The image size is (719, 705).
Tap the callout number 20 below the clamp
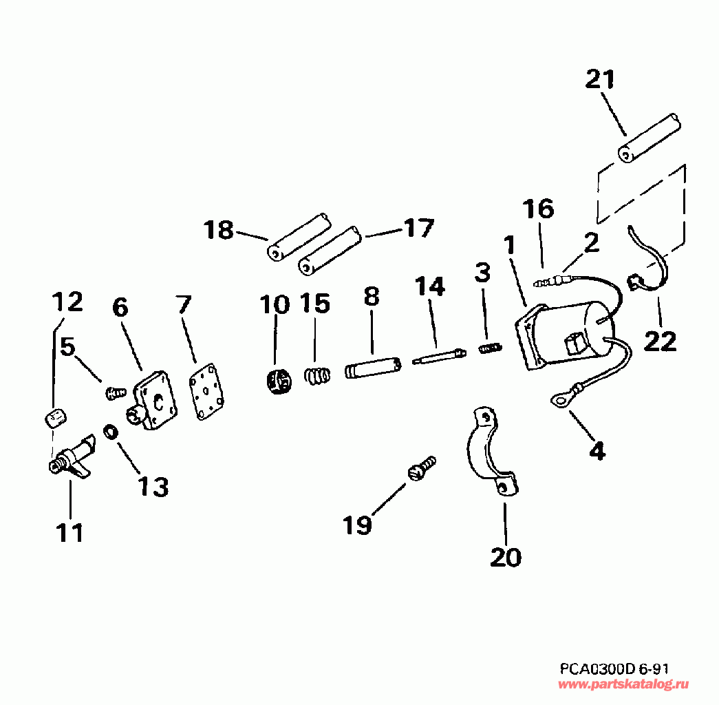coord(506,556)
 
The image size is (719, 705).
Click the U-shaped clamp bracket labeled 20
coord(490,451)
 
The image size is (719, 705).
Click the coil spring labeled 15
coord(316,377)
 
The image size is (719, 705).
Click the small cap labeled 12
coord(54,416)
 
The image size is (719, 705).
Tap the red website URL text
coord(623,684)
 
